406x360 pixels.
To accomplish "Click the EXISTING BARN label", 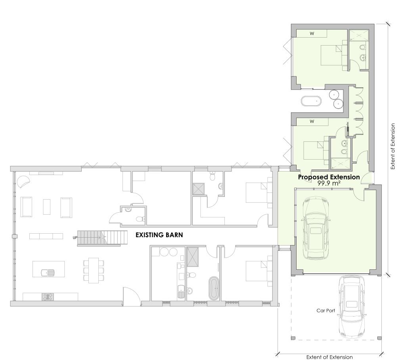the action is pyautogui.click(x=159, y=235).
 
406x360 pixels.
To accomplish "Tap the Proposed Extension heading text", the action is pyautogui.click(x=329, y=177).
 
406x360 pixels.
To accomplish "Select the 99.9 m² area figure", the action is pyautogui.click(x=329, y=183).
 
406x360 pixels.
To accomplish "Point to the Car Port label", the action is pyautogui.click(x=326, y=310).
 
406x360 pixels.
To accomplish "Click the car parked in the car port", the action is pyautogui.click(x=352, y=307).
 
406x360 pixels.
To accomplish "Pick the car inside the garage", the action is pyautogui.click(x=316, y=228).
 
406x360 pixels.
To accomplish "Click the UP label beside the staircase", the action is pyautogui.click(x=75, y=238).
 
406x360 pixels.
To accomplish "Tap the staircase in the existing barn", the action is pyautogui.click(x=103, y=238).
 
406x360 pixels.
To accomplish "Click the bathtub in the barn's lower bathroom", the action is pyautogui.click(x=214, y=288).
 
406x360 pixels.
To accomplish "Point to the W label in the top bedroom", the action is pyautogui.click(x=312, y=34).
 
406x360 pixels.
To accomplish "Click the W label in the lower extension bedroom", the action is pyautogui.click(x=312, y=121).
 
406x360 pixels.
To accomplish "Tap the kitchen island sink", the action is pyautogui.click(x=48, y=272).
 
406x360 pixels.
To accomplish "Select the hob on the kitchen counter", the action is pyautogui.click(x=48, y=296).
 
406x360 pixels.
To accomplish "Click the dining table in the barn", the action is pyautogui.click(x=94, y=270).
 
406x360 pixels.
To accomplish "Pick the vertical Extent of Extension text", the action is pyautogui.click(x=393, y=147).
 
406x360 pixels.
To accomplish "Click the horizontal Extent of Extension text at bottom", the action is pyautogui.click(x=329, y=357).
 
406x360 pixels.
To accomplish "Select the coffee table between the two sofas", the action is pyautogui.click(x=47, y=207).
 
